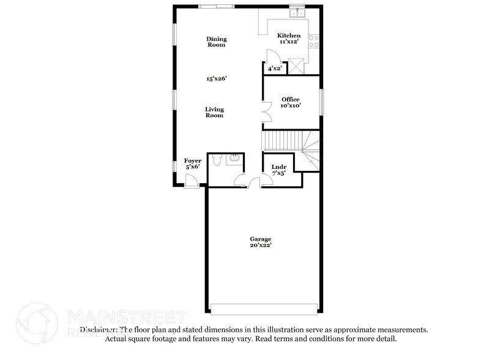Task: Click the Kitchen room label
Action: point(289,36)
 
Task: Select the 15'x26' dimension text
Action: point(215,78)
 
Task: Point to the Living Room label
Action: point(214,112)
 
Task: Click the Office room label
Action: point(290,99)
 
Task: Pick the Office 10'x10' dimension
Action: point(290,106)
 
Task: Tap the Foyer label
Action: point(193,161)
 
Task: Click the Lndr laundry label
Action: point(279,167)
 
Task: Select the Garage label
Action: point(260,239)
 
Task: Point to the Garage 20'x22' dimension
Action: point(260,245)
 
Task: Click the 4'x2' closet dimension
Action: point(274,69)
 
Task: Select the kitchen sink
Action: point(297,12)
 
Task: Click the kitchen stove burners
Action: point(313,41)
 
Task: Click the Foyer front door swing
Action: point(191,181)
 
